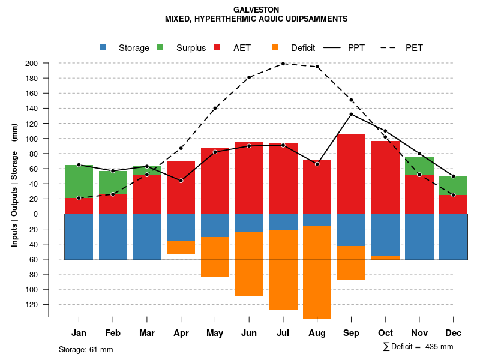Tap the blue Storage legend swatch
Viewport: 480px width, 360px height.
tap(103, 47)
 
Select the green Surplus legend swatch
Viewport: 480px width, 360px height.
tap(161, 47)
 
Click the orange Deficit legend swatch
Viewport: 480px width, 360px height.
tap(275, 47)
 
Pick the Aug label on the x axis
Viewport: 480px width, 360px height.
tap(317, 333)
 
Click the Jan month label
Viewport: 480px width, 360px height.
tap(79, 333)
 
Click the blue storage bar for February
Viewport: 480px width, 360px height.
tap(113, 236)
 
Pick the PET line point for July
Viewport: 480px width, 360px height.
tap(283, 64)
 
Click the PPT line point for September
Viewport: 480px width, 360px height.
tap(351, 114)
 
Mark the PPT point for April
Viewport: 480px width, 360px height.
tap(181, 181)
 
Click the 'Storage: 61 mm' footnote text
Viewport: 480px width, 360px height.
tap(86, 349)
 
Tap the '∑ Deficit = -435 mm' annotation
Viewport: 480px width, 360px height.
tap(418, 346)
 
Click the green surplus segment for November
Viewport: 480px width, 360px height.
tap(419, 166)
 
